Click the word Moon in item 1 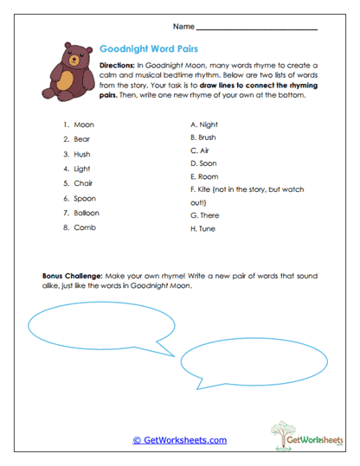coord(84,124)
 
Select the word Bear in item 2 coord(82,139)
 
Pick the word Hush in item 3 coord(82,154)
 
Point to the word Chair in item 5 coord(83,183)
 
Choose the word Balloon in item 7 coord(87,213)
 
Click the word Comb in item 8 coord(84,227)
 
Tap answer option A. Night coord(203,124)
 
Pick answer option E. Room coord(204,176)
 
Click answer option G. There coord(205,214)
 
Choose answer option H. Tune coord(203,229)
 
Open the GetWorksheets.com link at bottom coord(179,440)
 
